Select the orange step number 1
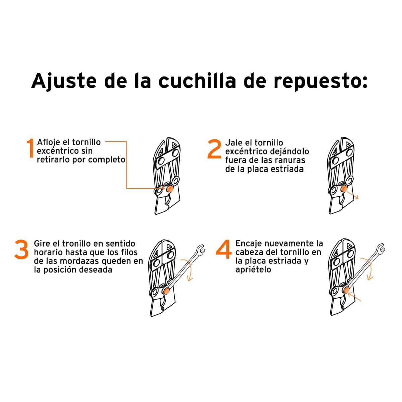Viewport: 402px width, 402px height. tap(30, 148)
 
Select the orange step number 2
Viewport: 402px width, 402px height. tap(214, 149)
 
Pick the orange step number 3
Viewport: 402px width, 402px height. tap(22, 250)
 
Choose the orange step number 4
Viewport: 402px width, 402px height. tap(223, 250)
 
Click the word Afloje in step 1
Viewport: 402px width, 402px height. tap(49, 142)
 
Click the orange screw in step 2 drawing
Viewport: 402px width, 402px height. tap(344, 189)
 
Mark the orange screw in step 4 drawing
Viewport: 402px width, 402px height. tap(346, 289)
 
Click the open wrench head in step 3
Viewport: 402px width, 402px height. tap(200, 250)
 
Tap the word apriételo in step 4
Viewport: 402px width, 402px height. tap(253, 270)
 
